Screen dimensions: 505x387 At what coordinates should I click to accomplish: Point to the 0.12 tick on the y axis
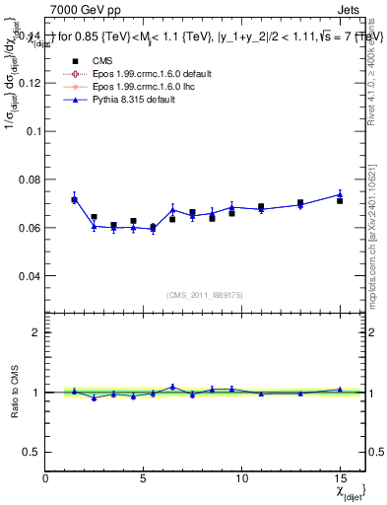coord(29,83)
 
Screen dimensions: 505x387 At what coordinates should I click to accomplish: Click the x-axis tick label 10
coord(241,478)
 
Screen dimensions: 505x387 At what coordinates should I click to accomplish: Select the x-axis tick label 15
coord(340,478)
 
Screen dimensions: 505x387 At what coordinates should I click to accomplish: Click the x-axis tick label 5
coord(144,478)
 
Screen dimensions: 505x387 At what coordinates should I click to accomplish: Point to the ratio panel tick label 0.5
coord(31,452)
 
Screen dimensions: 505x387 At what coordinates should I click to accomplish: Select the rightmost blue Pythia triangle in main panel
coord(340,194)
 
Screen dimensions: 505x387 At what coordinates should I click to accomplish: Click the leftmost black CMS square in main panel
coord(74,200)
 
